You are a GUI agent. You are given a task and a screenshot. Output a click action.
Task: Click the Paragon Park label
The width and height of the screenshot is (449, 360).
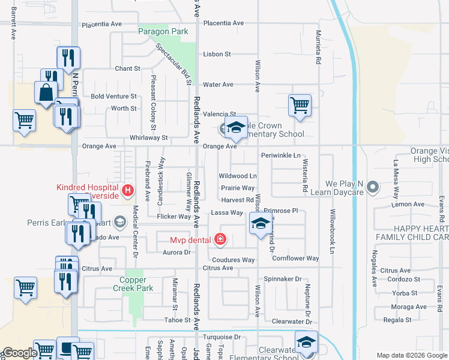pyautogui.click(x=163, y=32)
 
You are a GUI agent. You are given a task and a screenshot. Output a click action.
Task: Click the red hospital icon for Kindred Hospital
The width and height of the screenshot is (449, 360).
pyautogui.click(x=127, y=191)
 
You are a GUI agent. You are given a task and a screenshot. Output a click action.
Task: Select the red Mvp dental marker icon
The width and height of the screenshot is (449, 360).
pyautogui.click(x=220, y=240)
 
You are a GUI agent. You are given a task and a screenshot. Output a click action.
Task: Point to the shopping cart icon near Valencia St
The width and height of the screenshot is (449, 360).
pyautogui.click(x=300, y=105)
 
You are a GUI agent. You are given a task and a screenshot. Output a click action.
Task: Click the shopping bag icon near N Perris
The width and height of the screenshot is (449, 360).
pyautogui.click(x=46, y=92)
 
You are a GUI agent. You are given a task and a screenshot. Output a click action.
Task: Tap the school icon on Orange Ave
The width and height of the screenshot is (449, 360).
pyautogui.click(x=237, y=127)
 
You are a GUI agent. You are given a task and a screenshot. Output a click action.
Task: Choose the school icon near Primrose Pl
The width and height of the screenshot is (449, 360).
pyautogui.click(x=260, y=224)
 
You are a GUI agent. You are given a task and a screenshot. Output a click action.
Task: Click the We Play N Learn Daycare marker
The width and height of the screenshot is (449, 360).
pyautogui.click(x=372, y=187)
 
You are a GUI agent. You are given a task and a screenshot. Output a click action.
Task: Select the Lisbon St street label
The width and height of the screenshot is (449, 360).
pyautogui.click(x=217, y=54)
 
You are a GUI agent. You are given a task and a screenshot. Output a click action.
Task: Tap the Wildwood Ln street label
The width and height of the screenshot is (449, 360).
pyautogui.click(x=238, y=176)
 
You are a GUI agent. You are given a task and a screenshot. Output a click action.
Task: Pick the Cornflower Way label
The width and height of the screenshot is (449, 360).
pyautogui.click(x=295, y=259)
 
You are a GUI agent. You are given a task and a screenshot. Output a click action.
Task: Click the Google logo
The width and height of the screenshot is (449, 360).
pyautogui.click(x=19, y=353)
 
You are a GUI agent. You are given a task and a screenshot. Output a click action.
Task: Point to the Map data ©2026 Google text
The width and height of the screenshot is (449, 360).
pyautogui.click(x=411, y=355)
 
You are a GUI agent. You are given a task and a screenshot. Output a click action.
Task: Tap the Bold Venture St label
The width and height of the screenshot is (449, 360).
pyautogui.click(x=114, y=96)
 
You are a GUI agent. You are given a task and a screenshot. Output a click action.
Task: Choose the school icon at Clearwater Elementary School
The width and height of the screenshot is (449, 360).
pyautogui.click(x=306, y=342)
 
